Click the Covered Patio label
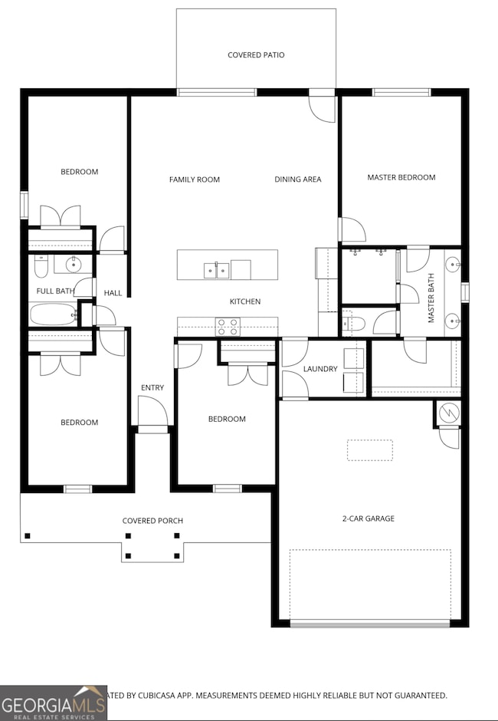tap(256, 55)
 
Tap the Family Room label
tap(194, 179)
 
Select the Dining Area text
tap(298, 179)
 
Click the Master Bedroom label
tap(401, 177)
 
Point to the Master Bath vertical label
tap(431, 298)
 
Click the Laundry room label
tap(319, 369)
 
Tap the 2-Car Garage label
tap(368, 519)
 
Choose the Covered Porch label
tap(152, 521)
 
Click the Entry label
tap(152, 387)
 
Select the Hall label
tap(113, 293)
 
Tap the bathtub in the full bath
tap(52, 314)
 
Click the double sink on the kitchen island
tap(216, 269)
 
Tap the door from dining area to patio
tap(322, 106)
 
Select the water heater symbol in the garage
tap(447, 413)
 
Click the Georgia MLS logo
tap(50, 703)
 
